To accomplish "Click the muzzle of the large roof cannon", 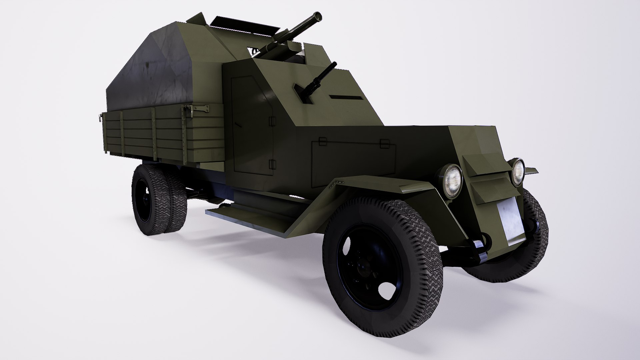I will (x=318, y=16).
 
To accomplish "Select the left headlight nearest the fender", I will (x=451, y=181).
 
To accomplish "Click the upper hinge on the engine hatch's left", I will (x=322, y=141).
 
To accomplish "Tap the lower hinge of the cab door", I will (x=272, y=164).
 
